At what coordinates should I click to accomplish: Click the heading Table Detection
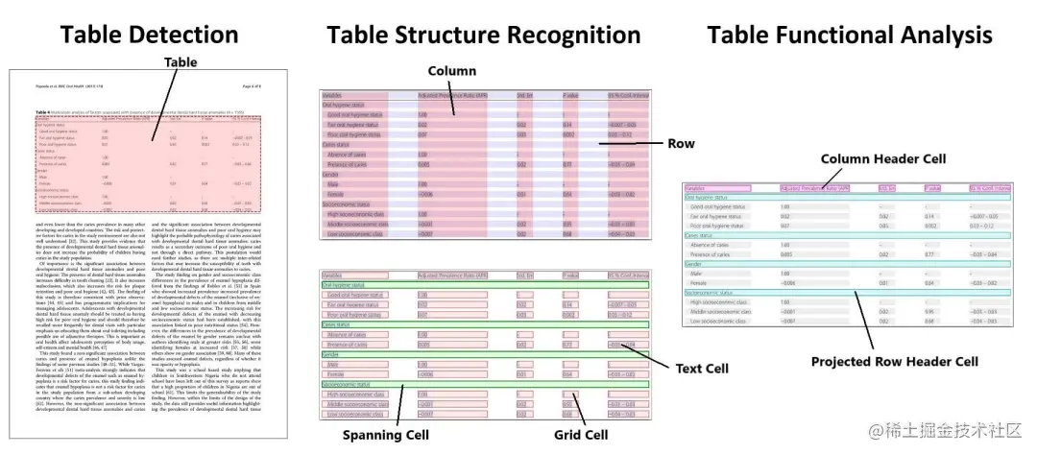tap(149, 35)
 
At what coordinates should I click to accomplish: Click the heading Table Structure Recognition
tap(483, 35)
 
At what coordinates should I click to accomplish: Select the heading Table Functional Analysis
tap(849, 35)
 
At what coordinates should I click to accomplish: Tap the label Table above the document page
tap(181, 62)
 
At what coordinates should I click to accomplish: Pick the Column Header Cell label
tap(883, 158)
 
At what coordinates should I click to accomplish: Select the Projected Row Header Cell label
tap(894, 362)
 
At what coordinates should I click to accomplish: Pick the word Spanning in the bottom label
tap(366, 435)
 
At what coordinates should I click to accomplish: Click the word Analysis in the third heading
tap(948, 35)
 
